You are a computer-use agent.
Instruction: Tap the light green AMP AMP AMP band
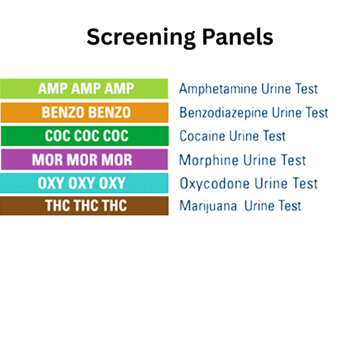point(84,89)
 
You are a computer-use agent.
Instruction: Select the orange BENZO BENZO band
point(84,113)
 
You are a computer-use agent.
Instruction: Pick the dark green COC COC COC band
point(84,136)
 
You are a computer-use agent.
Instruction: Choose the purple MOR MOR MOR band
point(84,160)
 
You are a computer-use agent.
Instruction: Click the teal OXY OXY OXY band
point(84,183)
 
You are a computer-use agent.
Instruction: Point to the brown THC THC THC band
point(84,206)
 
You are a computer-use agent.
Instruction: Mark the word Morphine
point(205,160)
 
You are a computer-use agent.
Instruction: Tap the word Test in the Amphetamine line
point(305,89)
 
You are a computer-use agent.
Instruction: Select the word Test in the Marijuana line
point(288,206)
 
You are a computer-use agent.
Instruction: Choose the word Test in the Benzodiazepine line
point(315,113)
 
